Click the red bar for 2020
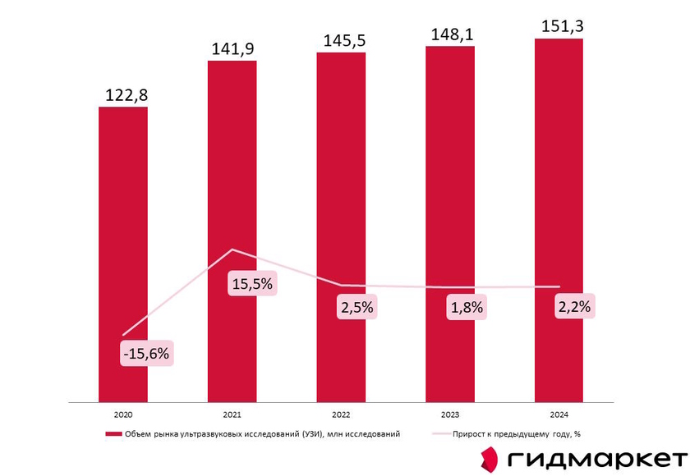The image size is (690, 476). (123, 205)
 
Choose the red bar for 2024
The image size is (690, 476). (559, 164)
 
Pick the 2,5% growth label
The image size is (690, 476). (356, 308)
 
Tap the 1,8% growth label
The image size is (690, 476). (465, 308)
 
